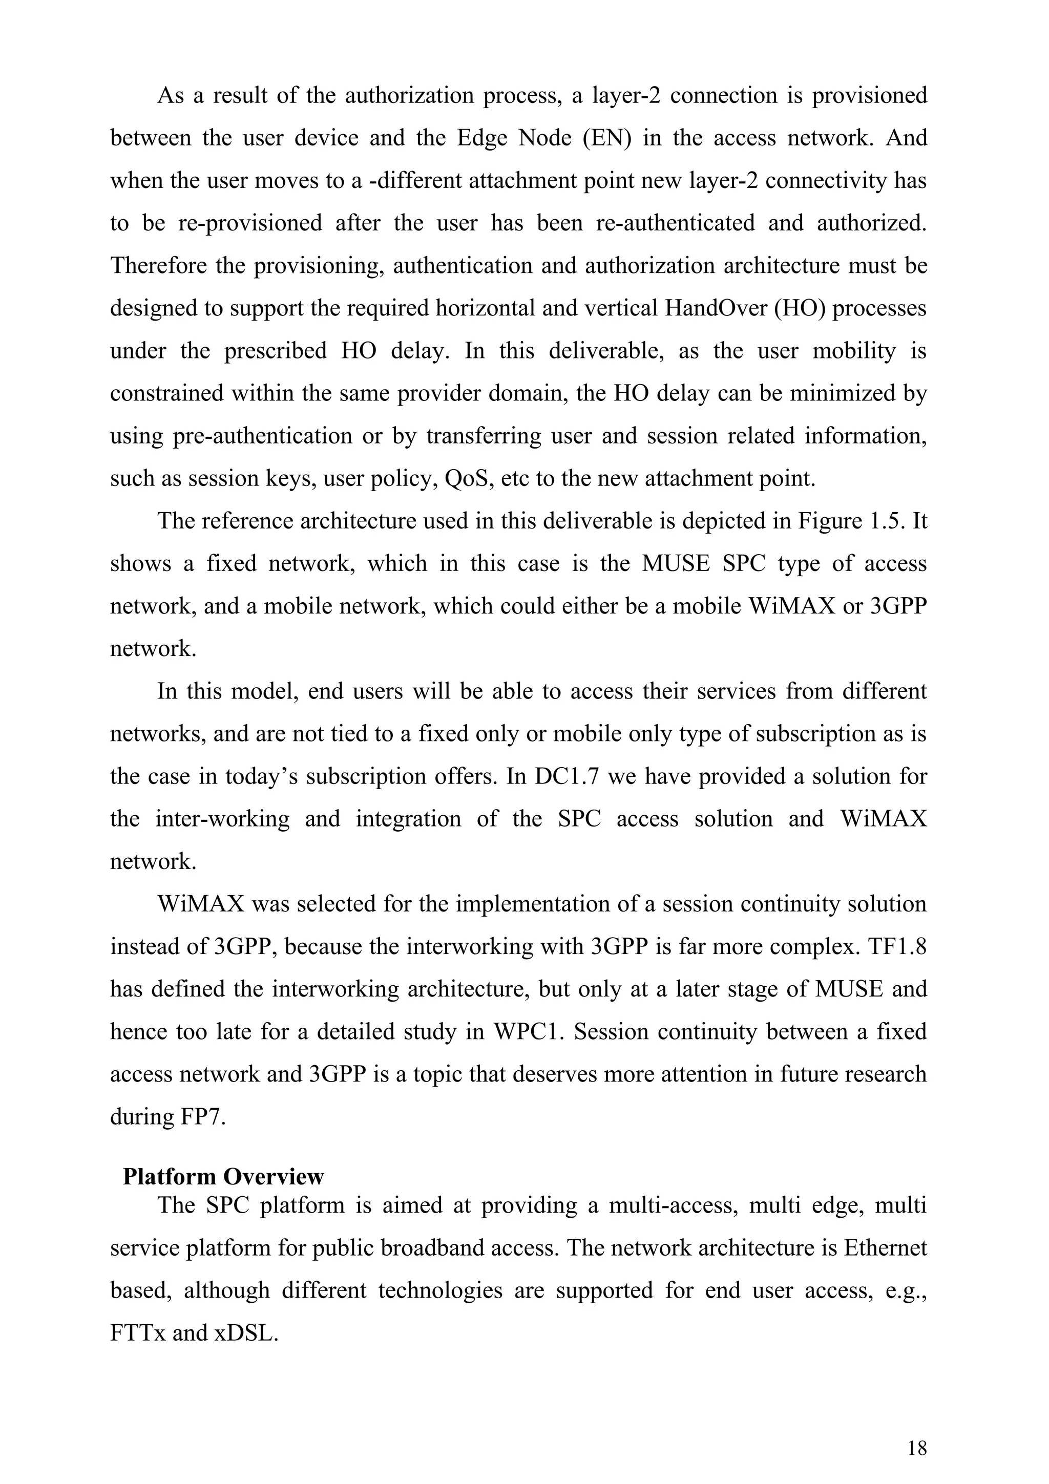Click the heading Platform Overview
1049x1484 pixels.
pos(223,1176)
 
